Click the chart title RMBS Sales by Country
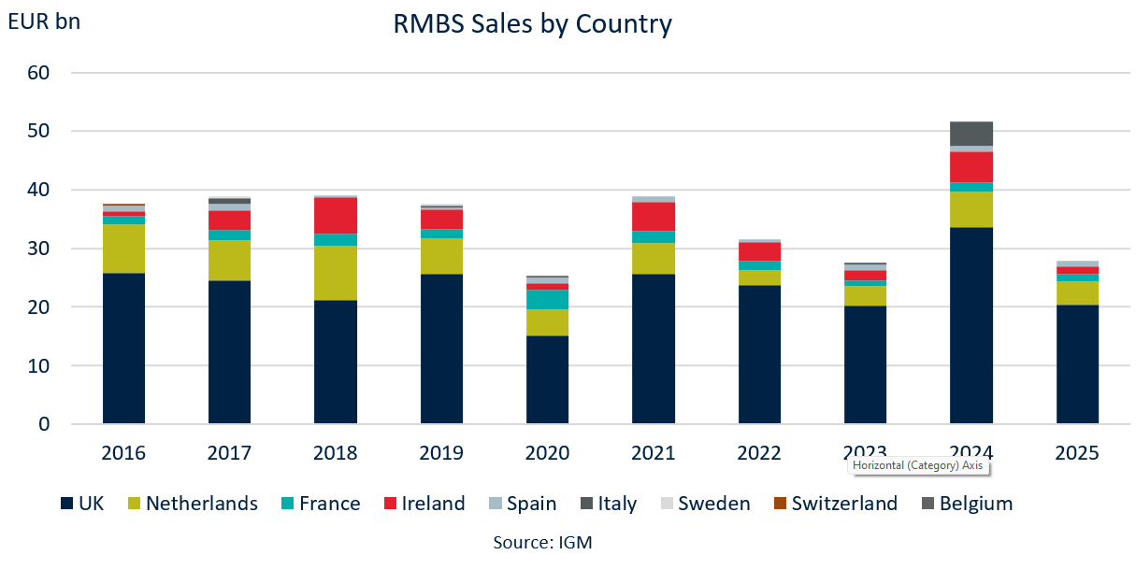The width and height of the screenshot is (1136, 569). click(533, 23)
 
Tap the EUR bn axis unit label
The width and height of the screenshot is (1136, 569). click(44, 21)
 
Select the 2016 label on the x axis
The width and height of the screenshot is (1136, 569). click(123, 453)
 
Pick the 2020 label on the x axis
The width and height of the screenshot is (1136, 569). click(547, 453)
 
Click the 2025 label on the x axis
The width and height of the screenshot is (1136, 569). click(1077, 453)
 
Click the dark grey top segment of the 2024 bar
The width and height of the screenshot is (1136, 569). click(971, 134)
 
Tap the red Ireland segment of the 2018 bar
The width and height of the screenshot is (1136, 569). click(336, 216)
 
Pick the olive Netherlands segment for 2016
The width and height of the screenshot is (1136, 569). click(123, 249)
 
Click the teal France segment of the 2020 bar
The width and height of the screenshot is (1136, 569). click(547, 299)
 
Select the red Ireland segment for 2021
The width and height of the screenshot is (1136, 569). click(654, 217)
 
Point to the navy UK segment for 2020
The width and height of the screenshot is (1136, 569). click(547, 379)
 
